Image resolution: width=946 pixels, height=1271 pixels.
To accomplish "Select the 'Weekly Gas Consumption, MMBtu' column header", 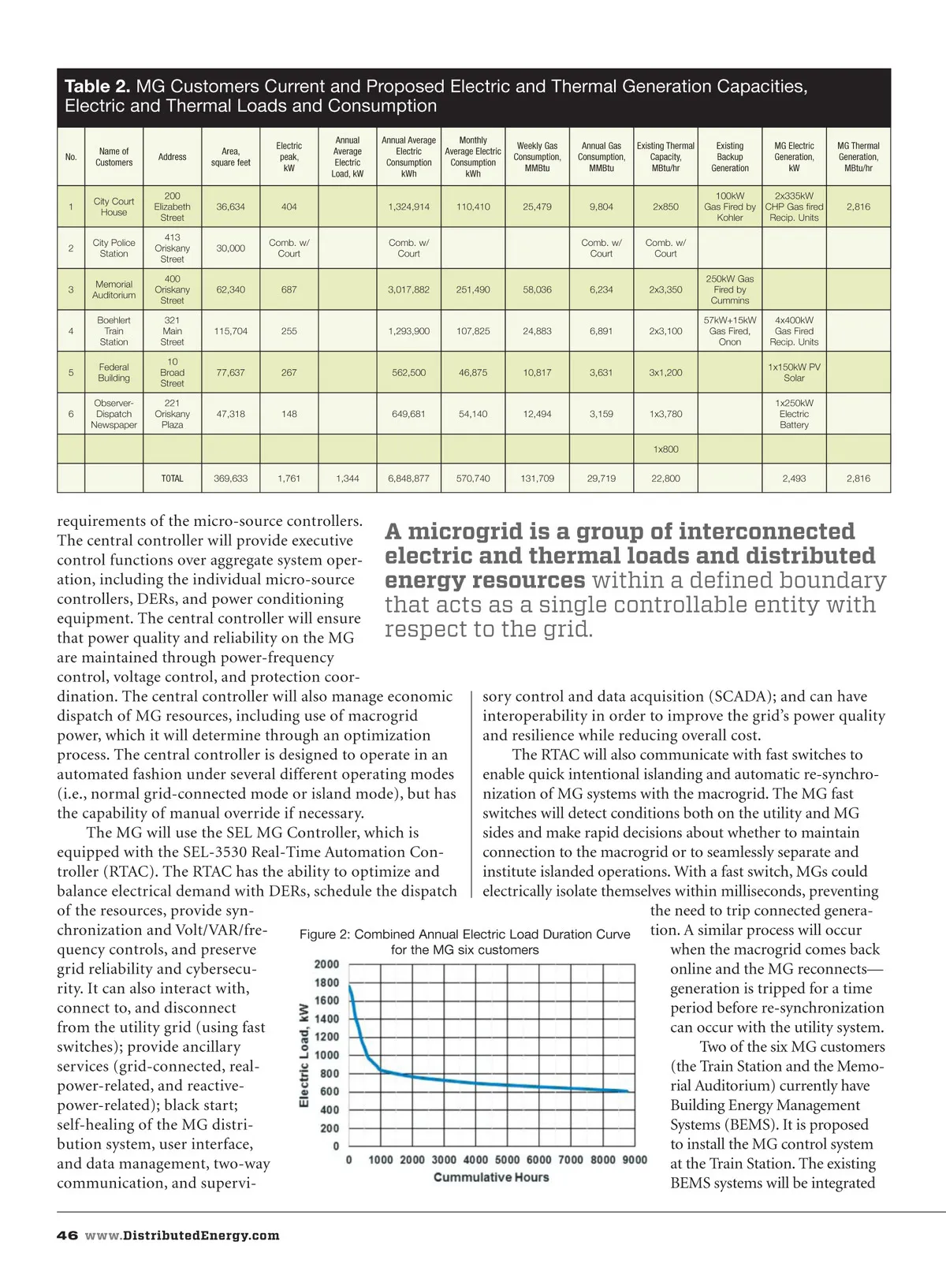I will (x=537, y=157).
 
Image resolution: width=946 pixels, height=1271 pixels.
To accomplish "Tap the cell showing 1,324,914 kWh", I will (x=408, y=207).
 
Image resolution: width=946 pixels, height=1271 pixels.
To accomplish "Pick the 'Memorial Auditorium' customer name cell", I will (x=114, y=289).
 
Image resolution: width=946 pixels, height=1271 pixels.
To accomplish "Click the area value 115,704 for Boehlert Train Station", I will (x=230, y=331).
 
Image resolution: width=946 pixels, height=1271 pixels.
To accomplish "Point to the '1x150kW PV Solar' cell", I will (x=794, y=372).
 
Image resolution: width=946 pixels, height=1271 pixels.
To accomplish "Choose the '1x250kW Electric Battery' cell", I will (x=794, y=414).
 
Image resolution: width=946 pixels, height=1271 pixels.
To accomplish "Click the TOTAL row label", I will (x=172, y=479).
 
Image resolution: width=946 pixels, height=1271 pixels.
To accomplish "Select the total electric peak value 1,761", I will (x=289, y=479).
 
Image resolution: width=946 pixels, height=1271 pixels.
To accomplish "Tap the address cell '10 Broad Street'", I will (x=172, y=372).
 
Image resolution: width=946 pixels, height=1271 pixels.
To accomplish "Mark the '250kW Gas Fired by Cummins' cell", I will (x=729, y=289).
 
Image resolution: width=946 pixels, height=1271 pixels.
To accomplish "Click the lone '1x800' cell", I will (x=665, y=449).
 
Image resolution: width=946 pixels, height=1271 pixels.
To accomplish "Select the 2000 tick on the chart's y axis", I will (x=326, y=964).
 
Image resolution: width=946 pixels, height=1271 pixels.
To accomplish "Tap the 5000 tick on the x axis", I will (x=507, y=1160).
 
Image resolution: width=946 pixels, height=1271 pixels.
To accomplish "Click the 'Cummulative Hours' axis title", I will (x=491, y=1177).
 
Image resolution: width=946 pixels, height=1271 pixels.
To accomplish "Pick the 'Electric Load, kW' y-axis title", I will (x=304, y=1055).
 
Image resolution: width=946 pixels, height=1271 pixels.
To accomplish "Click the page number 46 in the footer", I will (x=66, y=1236).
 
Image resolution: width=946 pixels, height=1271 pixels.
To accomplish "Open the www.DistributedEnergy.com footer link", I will (x=182, y=1236).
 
